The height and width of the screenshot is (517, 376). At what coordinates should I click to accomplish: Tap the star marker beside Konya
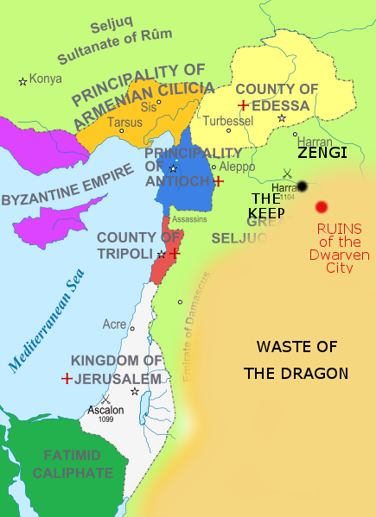click(x=23, y=81)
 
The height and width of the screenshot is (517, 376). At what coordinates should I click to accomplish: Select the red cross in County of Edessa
click(x=244, y=105)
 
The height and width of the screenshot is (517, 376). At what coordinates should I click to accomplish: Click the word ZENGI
click(x=322, y=153)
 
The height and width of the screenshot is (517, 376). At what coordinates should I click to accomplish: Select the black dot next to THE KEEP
click(x=302, y=186)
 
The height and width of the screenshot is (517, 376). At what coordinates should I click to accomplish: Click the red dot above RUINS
click(x=322, y=206)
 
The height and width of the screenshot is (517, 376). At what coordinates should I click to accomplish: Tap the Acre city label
click(x=114, y=325)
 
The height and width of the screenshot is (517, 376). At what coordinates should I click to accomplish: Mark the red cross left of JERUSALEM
click(x=67, y=378)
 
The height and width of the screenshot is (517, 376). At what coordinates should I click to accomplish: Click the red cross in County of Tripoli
click(x=174, y=254)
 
